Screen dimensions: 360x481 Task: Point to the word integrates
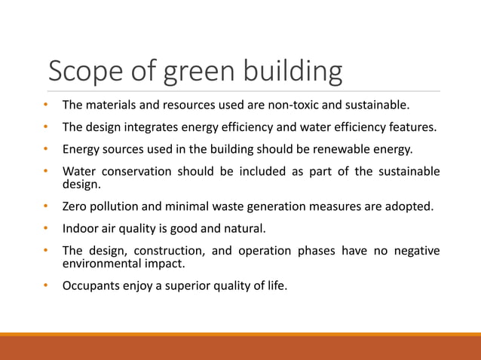click(x=151, y=127)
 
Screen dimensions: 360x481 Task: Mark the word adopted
click(x=412, y=205)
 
